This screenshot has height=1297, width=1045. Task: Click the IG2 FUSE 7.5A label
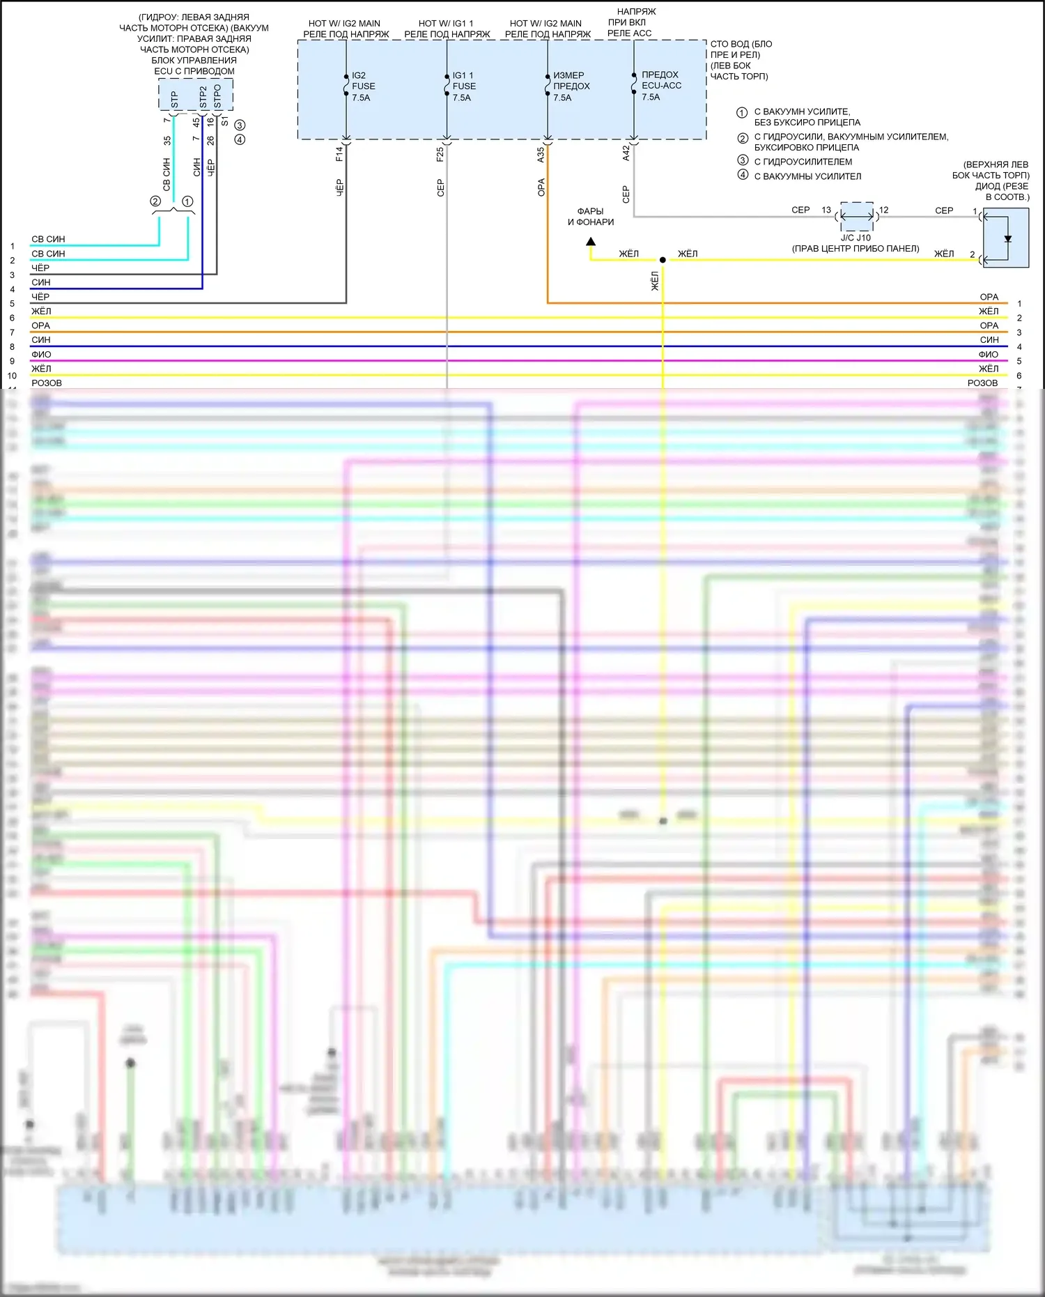pos(363,86)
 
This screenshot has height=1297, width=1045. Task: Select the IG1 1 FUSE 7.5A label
pos(464,86)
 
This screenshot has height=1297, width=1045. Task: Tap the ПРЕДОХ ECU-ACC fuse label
pos(660,86)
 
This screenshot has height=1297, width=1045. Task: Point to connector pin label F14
pos(339,154)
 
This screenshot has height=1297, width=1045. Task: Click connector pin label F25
pos(440,154)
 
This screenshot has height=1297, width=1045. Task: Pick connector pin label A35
pos(541,155)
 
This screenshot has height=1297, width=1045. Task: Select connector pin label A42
pos(626,153)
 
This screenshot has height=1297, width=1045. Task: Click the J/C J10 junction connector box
pos(857,217)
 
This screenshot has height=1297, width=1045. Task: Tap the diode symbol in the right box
pos(1007,239)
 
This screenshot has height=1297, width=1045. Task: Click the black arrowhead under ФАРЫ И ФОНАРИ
pos(591,242)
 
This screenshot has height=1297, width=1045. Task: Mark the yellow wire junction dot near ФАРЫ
pos(663,260)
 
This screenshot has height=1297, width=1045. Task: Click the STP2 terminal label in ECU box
pos(203,96)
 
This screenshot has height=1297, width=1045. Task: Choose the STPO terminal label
pos(217,96)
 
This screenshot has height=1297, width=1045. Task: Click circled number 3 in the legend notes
pos(743,160)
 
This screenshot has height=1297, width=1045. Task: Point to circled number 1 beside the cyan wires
pos(187,201)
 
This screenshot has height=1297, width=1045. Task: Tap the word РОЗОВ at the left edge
pos(47,383)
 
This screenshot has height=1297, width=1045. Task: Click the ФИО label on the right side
pos(988,354)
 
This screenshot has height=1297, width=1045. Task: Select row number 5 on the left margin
pos(12,304)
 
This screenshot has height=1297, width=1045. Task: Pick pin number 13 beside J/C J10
pos(826,210)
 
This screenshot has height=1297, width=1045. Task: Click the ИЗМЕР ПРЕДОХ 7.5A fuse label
pos(571,86)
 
